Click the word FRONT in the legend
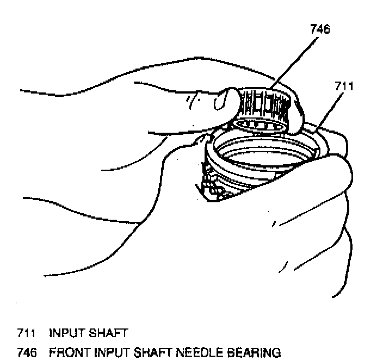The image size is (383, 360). point(67,352)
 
